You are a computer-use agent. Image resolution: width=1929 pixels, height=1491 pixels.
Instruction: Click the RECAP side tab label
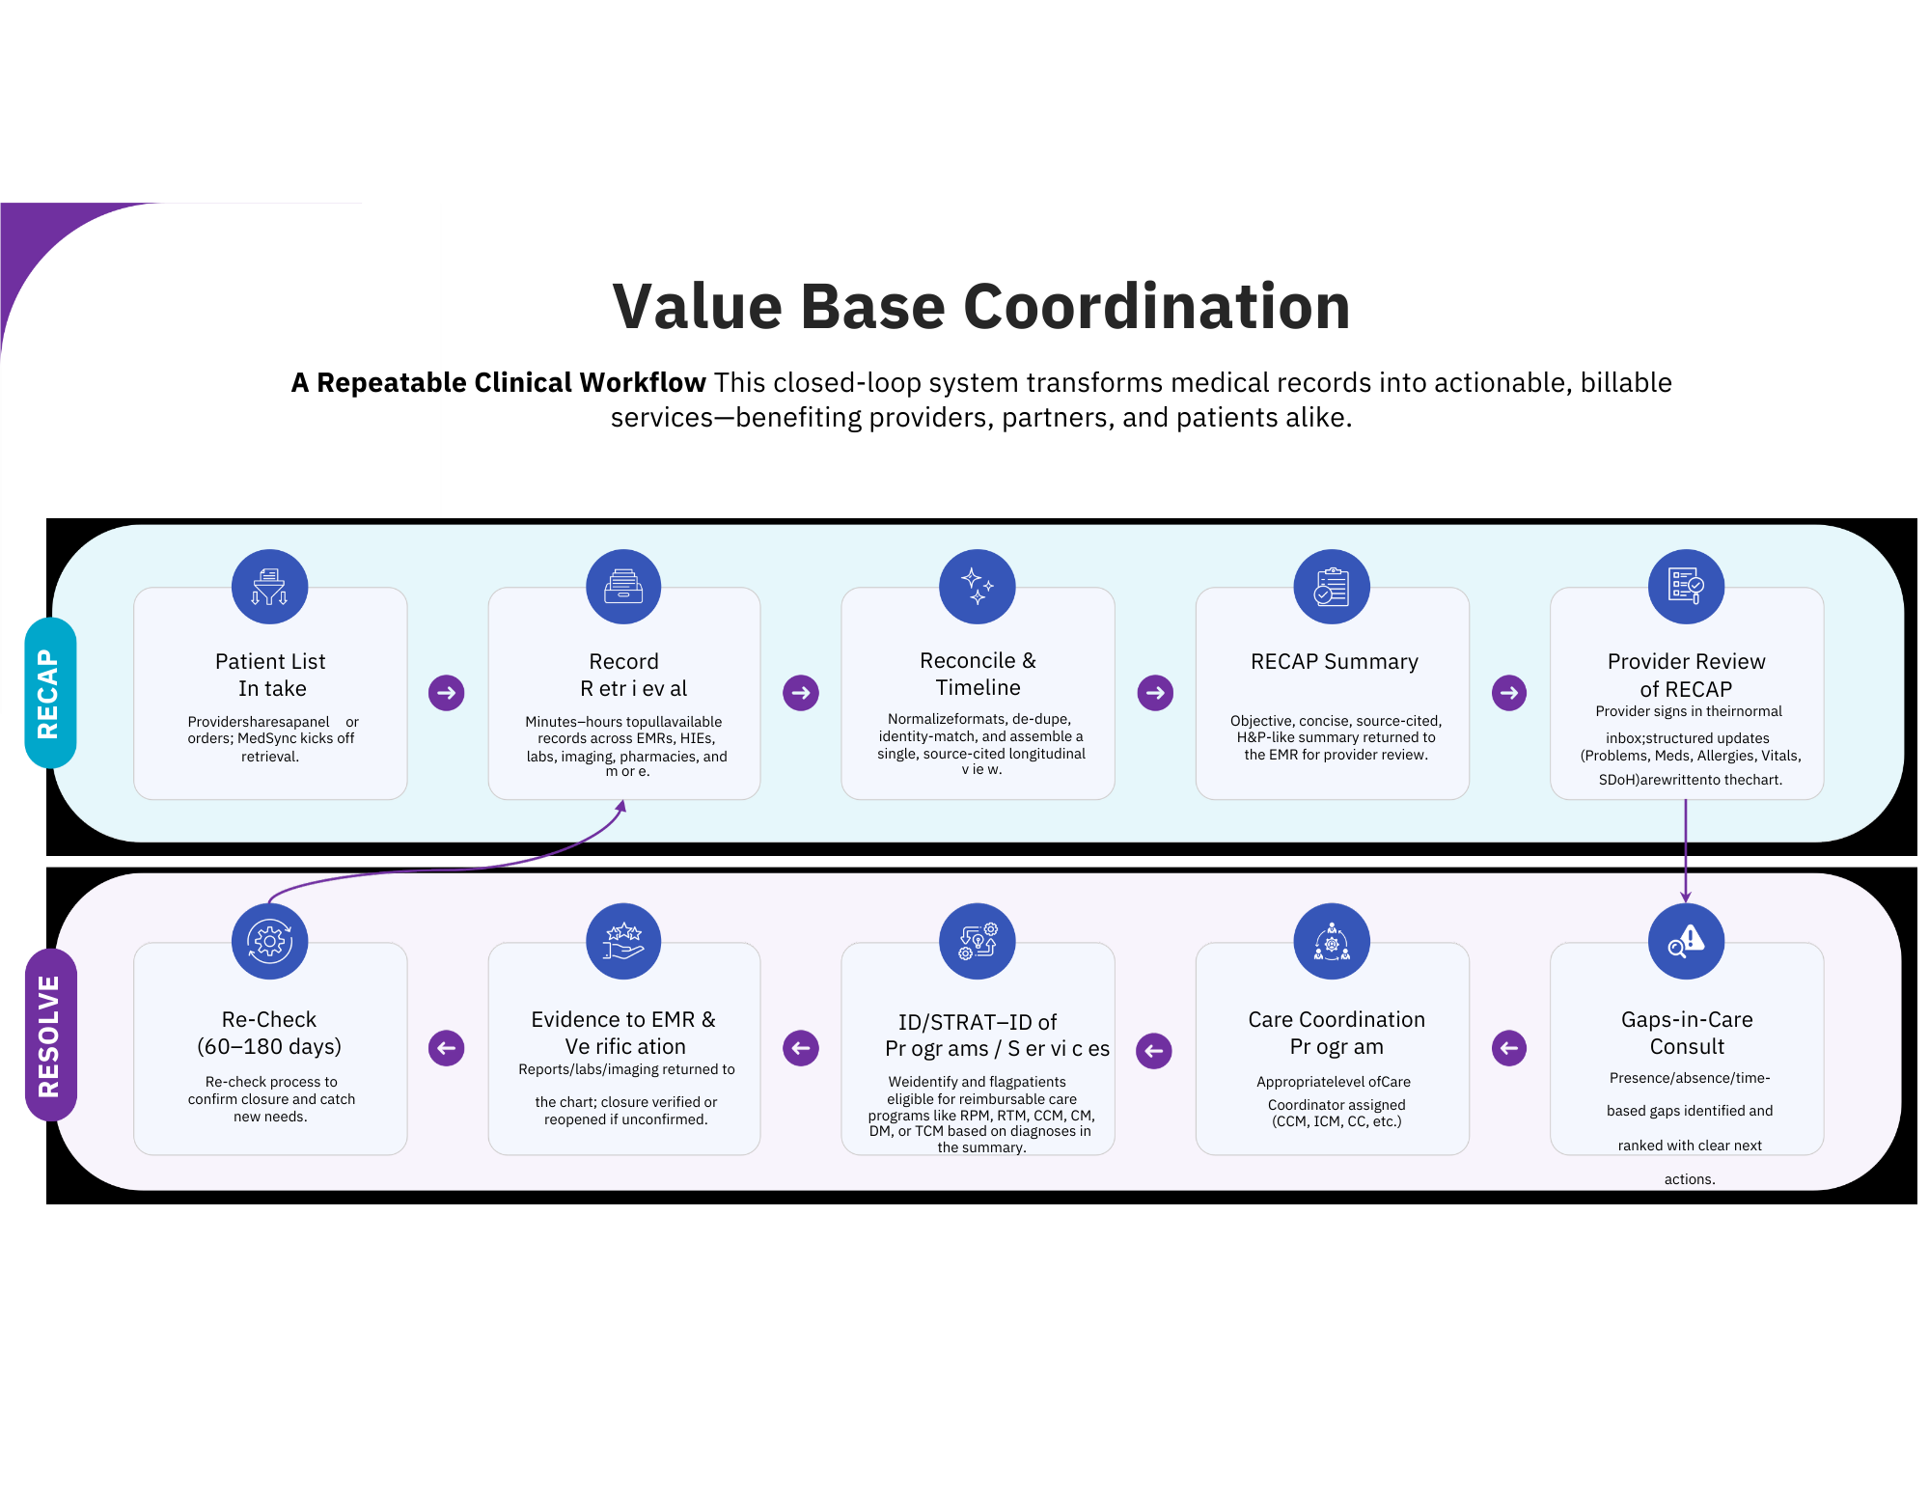click(49, 693)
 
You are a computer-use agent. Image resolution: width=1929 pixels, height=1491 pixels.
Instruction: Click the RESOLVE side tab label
click(49, 1035)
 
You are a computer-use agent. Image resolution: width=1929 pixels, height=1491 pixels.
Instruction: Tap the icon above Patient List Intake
click(270, 587)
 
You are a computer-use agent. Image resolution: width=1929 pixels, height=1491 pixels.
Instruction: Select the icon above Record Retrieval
click(623, 587)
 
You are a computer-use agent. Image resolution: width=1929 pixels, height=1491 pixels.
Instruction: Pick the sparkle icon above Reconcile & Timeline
click(978, 587)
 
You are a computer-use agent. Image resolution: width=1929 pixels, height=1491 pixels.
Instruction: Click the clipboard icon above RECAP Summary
click(1332, 587)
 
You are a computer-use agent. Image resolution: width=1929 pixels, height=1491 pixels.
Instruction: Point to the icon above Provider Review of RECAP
click(1686, 587)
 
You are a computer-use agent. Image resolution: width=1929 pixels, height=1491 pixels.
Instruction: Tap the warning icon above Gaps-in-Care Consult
click(1686, 941)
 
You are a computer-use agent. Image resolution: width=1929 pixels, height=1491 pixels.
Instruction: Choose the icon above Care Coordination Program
click(1332, 941)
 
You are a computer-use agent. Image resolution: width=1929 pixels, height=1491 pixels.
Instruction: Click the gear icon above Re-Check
click(270, 941)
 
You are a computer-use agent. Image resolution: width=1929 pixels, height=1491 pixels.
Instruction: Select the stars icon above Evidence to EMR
click(623, 941)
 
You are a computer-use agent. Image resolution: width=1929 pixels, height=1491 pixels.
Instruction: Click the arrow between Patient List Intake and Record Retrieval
click(447, 692)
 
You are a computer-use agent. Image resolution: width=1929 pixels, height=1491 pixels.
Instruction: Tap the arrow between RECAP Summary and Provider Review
click(1509, 692)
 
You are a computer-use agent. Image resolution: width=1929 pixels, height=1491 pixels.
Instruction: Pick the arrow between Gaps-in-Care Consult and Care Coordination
click(1509, 1047)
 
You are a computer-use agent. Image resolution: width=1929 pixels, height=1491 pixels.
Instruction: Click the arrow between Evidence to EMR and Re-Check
click(447, 1047)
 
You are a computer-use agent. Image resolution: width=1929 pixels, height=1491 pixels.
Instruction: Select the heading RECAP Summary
click(1335, 661)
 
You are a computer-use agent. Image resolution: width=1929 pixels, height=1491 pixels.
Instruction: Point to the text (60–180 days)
click(269, 1046)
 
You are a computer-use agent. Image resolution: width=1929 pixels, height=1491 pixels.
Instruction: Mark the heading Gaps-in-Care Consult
click(1687, 1033)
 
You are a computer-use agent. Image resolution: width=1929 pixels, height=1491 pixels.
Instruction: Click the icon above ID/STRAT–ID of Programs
click(978, 941)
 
